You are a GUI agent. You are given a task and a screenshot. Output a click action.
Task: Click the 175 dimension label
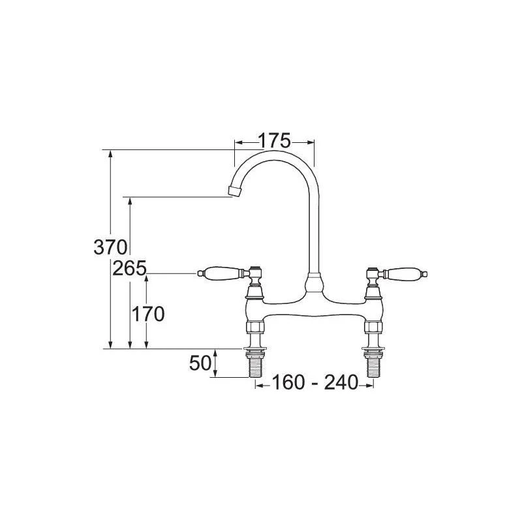[274, 141]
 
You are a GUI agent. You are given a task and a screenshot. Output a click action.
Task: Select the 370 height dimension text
[109, 248]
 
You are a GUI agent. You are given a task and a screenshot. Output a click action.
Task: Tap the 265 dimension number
[128, 268]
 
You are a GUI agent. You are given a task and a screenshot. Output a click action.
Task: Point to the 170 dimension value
[147, 314]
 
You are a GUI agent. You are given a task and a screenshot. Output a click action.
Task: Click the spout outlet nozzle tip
[234, 190]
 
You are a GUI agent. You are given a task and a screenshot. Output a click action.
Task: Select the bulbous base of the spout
[315, 284]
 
